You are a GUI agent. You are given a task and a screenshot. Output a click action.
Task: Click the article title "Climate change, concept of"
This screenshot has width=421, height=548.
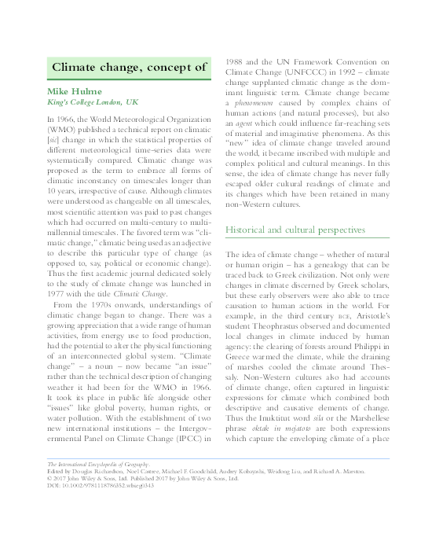coord(130,67)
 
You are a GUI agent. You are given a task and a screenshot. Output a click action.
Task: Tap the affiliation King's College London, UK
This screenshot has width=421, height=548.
coord(92,103)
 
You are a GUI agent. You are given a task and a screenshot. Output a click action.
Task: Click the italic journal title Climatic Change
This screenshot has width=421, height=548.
coord(152,292)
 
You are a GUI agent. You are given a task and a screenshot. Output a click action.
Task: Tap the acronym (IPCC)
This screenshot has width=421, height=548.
coord(185,435)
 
